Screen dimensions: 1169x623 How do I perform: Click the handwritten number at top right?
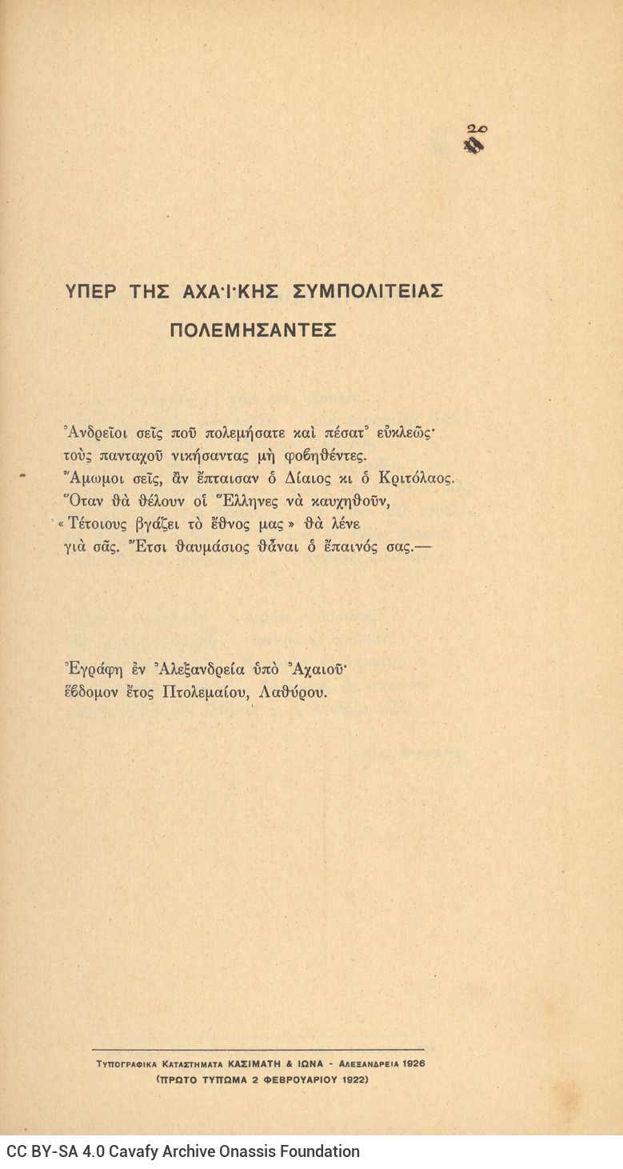pyautogui.click(x=477, y=128)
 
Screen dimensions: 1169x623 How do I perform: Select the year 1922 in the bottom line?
pyautogui.click(x=351, y=1079)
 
